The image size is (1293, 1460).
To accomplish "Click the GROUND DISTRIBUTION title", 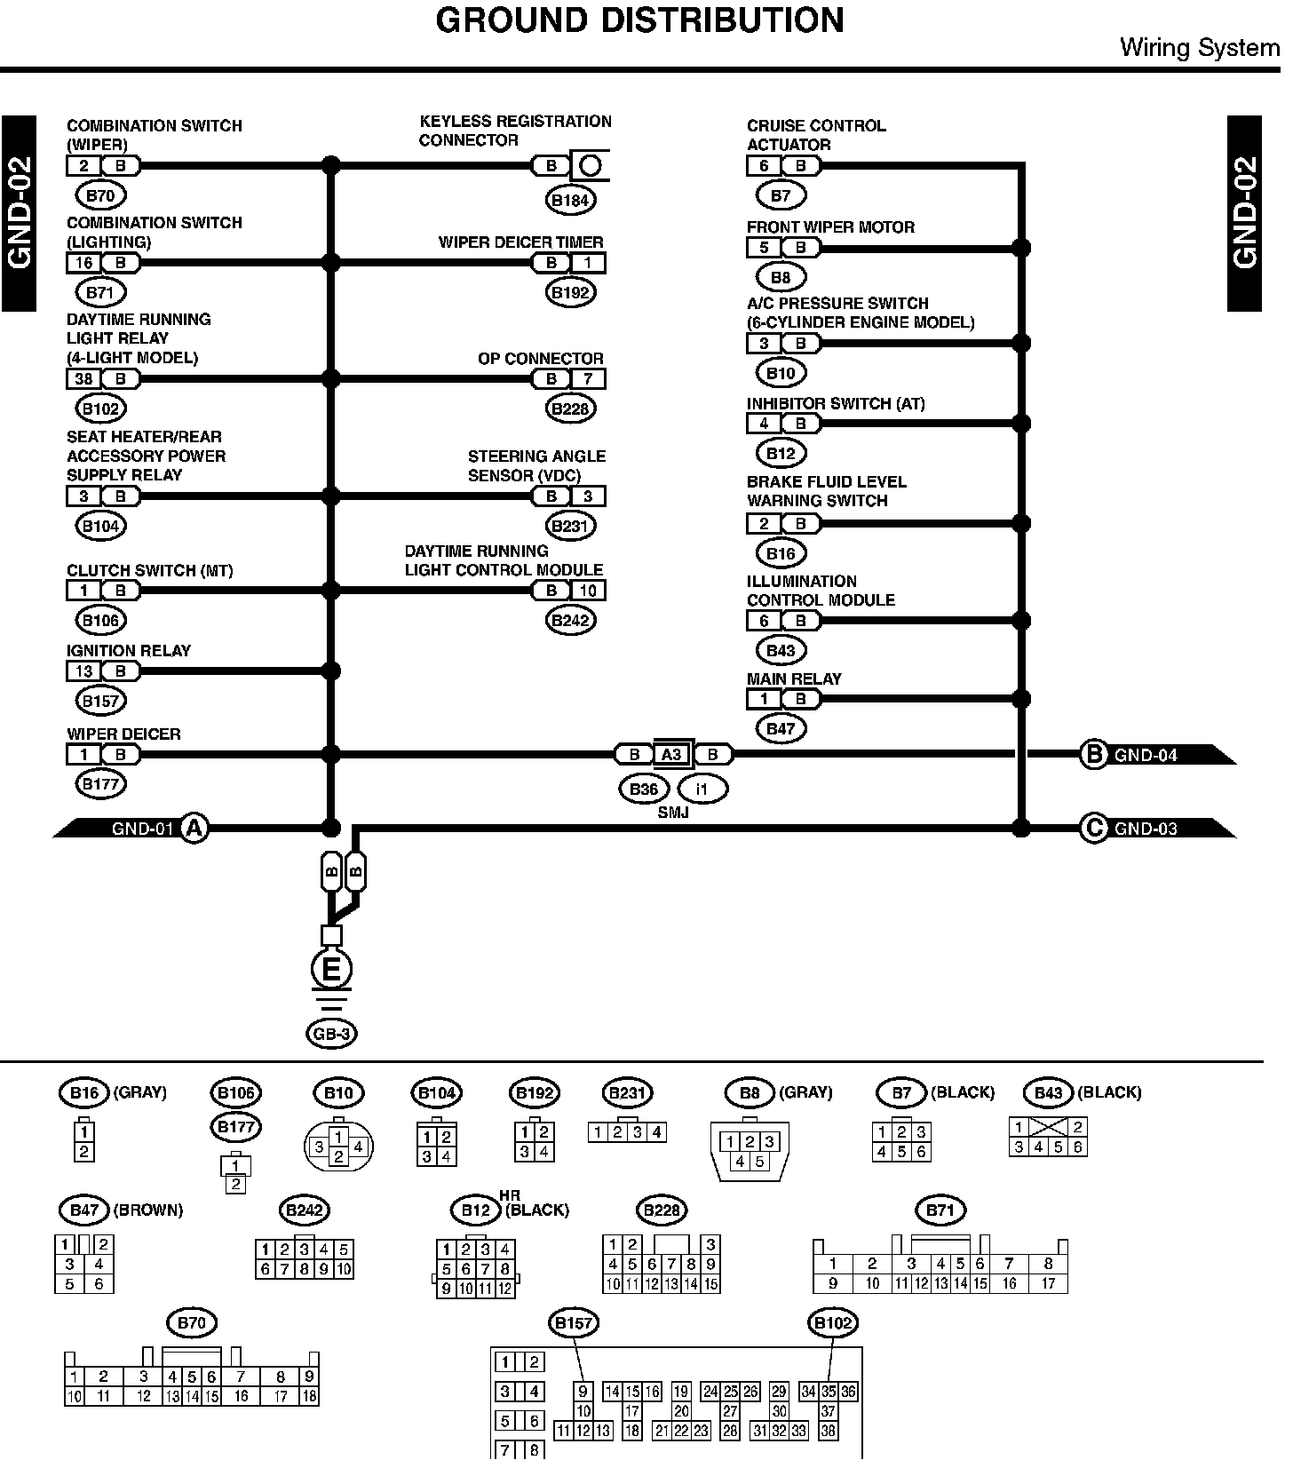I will [x=639, y=20].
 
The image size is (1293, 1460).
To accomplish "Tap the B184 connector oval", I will [x=570, y=200].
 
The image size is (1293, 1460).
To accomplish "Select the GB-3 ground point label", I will [x=331, y=1034].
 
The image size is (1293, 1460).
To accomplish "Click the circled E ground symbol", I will [x=330, y=970].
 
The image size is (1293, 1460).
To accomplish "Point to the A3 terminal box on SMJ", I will [x=671, y=755].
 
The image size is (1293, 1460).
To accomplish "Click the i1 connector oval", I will [x=702, y=789].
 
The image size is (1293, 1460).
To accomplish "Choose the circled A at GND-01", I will [x=194, y=829].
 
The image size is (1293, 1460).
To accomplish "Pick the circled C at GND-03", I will [x=1093, y=829].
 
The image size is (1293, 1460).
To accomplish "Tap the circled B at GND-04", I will [x=1093, y=755].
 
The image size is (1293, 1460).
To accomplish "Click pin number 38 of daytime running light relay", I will [x=83, y=379].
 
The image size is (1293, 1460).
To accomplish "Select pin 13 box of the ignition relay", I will [x=83, y=671].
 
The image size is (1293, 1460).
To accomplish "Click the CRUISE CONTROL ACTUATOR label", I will [x=815, y=135].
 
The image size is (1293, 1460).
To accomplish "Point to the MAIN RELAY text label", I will [x=794, y=679].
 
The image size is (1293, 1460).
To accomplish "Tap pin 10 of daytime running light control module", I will [x=588, y=591].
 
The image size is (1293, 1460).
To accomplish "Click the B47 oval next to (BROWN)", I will [x=83, y=1210].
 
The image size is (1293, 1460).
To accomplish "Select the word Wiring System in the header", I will [x=1199, y=47].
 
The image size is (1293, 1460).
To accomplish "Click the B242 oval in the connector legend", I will [x=305, y=1210].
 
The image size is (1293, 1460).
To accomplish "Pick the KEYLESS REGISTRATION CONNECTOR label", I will [x=515, y=131].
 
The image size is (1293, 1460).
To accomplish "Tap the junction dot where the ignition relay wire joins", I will [x=330, y=671].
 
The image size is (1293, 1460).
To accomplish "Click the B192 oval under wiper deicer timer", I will [x=570, y=292].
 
